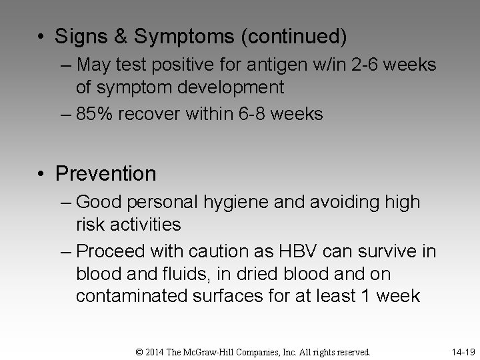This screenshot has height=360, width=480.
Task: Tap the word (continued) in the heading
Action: tap(294, 37)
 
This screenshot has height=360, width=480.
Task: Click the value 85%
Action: tap(95, 114)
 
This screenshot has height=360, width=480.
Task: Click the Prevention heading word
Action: tap(105, 174)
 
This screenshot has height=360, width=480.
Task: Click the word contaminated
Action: tap(131, 296)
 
